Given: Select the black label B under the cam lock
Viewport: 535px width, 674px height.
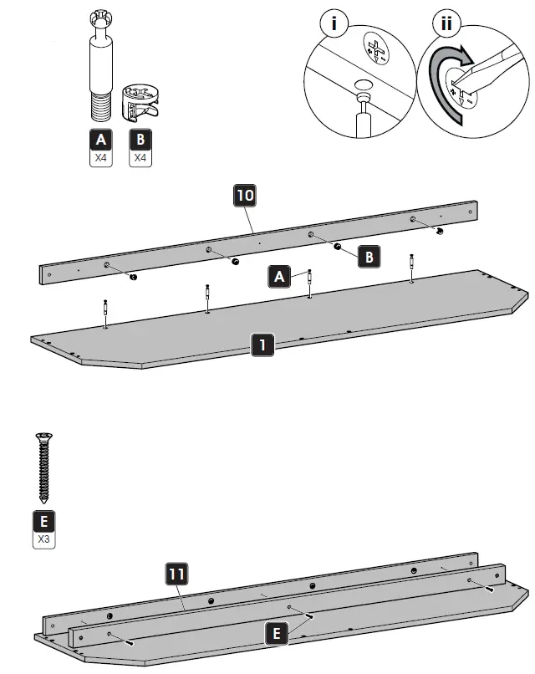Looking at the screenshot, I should click(x=140, y=139).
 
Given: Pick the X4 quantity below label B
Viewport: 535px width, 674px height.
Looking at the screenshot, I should click(x=140, y=156).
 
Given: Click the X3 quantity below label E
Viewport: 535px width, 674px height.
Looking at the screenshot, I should click(x=43, y=539).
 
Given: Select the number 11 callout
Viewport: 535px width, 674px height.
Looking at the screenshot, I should click(x=176, y=574).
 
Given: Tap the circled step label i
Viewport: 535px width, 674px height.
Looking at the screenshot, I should click(x=335, y=23).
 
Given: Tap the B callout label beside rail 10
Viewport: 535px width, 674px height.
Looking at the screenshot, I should click(x=369, y=256).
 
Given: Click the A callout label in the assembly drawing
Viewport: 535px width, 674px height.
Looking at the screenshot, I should click(x=278, y=276).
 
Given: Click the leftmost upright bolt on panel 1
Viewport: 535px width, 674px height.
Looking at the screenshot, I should click(x=105, y=313).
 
